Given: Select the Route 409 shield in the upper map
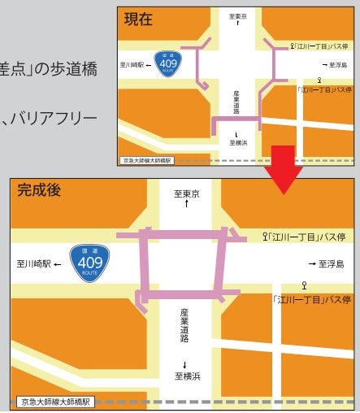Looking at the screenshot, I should point(169,63).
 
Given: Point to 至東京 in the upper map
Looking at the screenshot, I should point(238,16).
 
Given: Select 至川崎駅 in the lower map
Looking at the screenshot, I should point(35,264).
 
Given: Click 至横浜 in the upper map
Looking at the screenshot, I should point(237,141).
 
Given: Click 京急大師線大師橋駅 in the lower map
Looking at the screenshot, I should point(56,402).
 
